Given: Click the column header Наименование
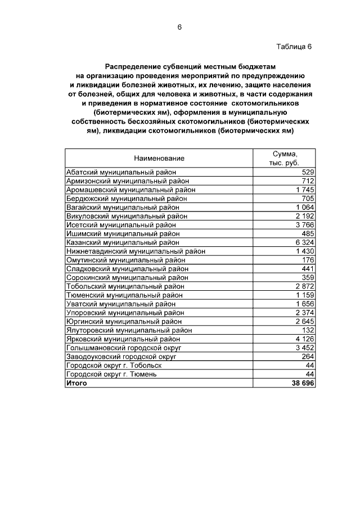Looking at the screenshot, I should (159, 159).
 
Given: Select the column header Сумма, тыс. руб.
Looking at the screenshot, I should (284, 158).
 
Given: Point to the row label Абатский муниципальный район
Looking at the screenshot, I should (121, 172).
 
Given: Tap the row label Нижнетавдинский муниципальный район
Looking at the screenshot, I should (136, 251).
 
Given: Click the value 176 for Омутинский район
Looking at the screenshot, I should (308, 260).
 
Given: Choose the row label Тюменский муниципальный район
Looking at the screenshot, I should (124, 295).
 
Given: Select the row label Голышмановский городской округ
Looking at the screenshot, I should (125, 348).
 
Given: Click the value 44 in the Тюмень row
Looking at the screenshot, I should (309, 374).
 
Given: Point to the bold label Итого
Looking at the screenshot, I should (76, 383).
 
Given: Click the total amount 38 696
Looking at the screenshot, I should (302, 383).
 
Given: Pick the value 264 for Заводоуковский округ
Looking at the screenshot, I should (308, 357).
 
